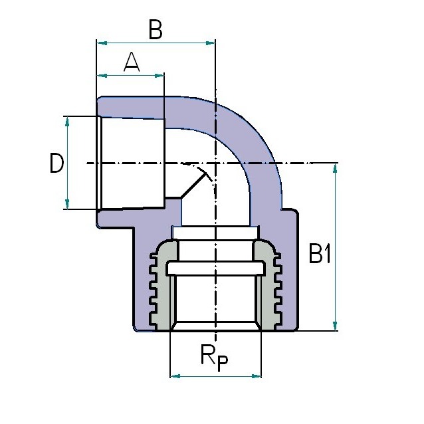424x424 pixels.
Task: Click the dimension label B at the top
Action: pos(156,29)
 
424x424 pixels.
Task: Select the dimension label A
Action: pos(132,62)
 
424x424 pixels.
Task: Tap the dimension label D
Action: pos(56,163)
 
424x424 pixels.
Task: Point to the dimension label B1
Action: pos(320,254)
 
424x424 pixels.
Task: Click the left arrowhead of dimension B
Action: pos(102,43)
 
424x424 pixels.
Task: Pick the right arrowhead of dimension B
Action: pos(210,43)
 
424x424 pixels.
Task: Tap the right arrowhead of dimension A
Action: pos(159,76)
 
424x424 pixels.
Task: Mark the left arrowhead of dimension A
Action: pos(102,76)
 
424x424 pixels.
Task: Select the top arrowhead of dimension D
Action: pos(67,122)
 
